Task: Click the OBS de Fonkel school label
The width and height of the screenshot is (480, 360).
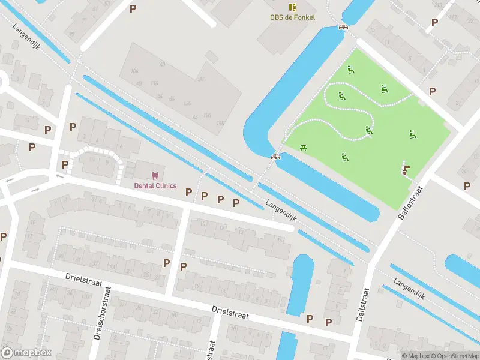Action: [292, 17]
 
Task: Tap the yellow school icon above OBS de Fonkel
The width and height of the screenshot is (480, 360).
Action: [292, 7]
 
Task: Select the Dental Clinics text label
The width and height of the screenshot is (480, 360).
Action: [155, 185]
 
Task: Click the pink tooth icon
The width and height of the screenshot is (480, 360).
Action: [155, 175]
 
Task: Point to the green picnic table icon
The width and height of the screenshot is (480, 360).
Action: [302, 147]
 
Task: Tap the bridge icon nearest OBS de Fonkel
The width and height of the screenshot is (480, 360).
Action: [343, 26]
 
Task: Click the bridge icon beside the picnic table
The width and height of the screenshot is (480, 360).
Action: [275, 156]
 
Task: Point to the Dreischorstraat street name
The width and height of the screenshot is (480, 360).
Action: [102, 313]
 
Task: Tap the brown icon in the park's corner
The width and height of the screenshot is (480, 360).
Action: [406, 170]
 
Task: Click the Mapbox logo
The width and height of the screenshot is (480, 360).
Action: [26, 352]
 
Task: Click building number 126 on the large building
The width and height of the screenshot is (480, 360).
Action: [208, 115]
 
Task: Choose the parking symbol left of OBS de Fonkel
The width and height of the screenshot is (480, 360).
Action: [133, 8]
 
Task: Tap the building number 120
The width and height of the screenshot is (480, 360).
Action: [187, 103]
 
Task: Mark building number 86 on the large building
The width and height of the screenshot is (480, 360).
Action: [172, 98]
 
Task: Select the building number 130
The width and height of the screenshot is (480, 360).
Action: [220, 123]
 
